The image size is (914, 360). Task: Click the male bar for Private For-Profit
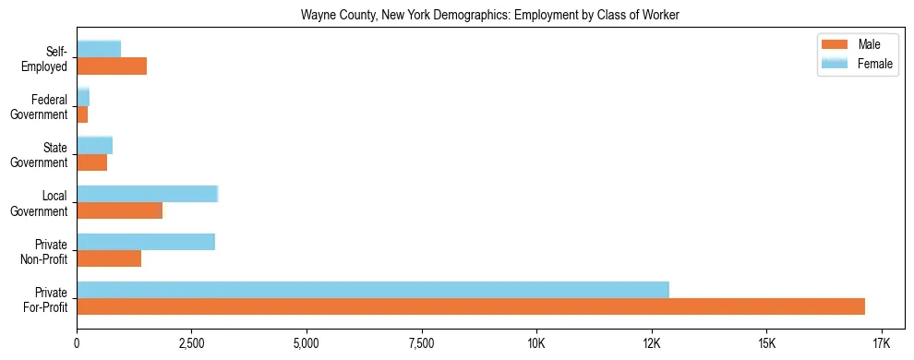471,306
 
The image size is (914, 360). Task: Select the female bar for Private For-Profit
373,289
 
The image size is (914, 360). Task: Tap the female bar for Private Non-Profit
146,242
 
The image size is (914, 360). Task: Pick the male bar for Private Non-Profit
109,258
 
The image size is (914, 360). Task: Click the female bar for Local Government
147,194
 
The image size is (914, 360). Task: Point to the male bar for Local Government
119,210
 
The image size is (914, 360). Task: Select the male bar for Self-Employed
112,66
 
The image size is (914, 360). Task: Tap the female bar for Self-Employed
99,50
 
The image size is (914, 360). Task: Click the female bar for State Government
94,146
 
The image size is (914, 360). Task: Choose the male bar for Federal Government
82,114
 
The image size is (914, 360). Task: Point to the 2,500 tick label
191,344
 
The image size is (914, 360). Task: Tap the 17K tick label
881,344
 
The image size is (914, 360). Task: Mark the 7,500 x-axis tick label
421,344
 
